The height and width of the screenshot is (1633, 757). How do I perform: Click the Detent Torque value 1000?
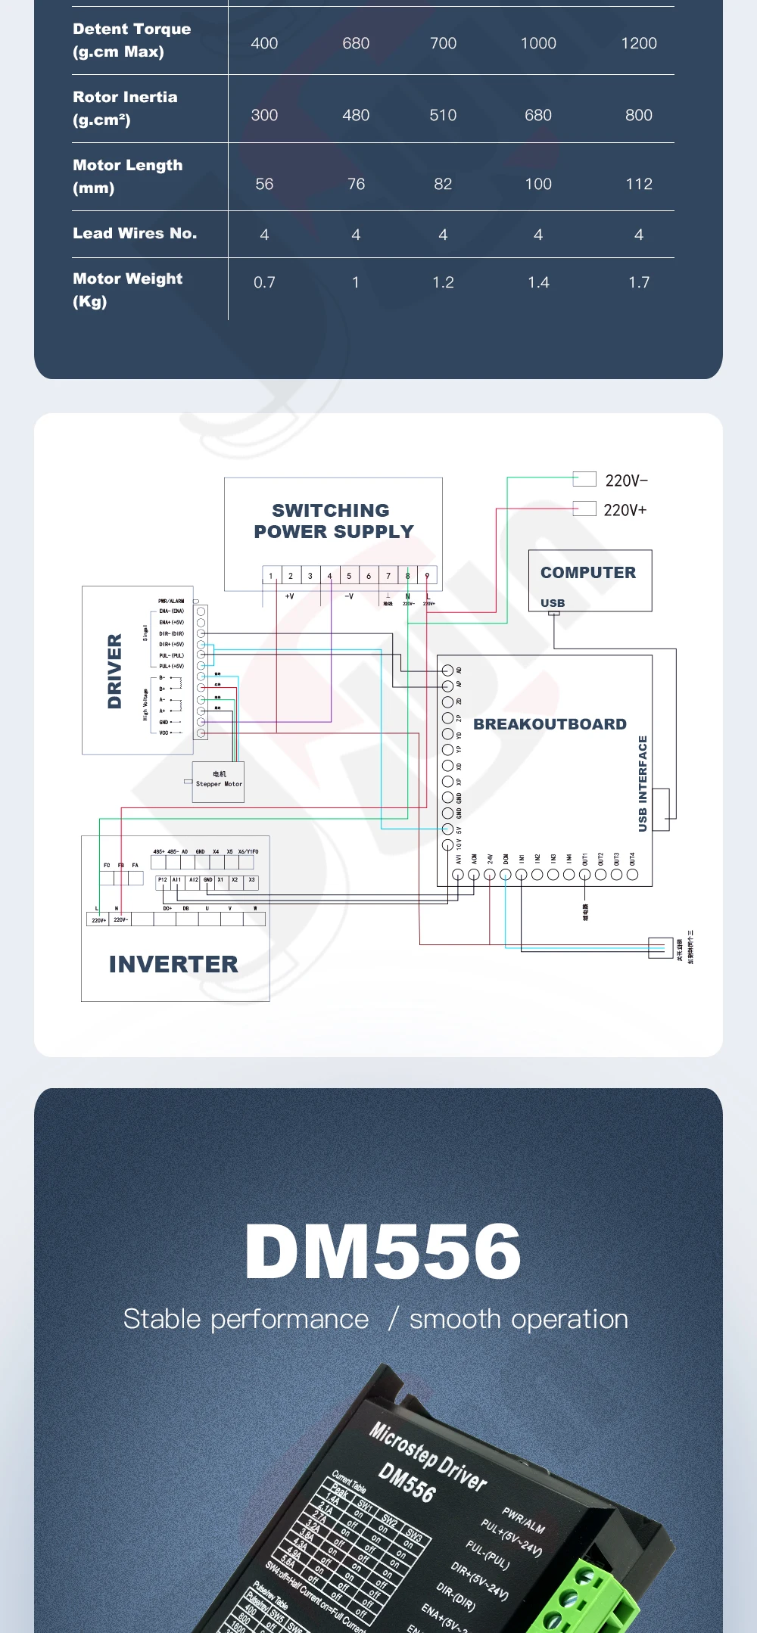click(x=538, y=44)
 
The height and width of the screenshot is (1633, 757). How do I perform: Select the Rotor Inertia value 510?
click(x=443, y=115)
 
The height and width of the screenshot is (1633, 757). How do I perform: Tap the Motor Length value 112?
click(x=638, y=184)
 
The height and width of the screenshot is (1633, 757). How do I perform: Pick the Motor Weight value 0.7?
click(x=264, y=282)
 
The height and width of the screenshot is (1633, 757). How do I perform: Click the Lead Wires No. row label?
click(x=135, y=233)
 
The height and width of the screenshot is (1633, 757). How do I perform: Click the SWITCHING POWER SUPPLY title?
click(x=333, y=521)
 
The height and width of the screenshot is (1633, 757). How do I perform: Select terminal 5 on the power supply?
click(x=349, y=576)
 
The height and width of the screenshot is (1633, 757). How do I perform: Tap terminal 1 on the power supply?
click(x=271, y=576)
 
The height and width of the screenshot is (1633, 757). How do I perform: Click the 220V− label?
click(x=626, y=481)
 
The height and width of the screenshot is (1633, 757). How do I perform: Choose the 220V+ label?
click(x=625, y=510)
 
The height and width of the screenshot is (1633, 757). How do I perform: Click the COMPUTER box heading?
click(x=588, y=573)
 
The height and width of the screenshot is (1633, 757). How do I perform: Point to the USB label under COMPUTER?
click(x=553, y=603)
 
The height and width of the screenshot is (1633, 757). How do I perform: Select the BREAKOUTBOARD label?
click(x=550, y=724)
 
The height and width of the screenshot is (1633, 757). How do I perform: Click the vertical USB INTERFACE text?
click(x=643, y=783)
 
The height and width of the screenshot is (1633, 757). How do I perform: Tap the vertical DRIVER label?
click(x=115, y=670)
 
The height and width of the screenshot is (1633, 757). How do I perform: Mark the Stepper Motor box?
click(x=219, y=781)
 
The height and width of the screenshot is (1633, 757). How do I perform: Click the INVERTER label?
click(x=173, y=964)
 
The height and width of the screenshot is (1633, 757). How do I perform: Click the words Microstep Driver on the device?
click(x=428, y=1455)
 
